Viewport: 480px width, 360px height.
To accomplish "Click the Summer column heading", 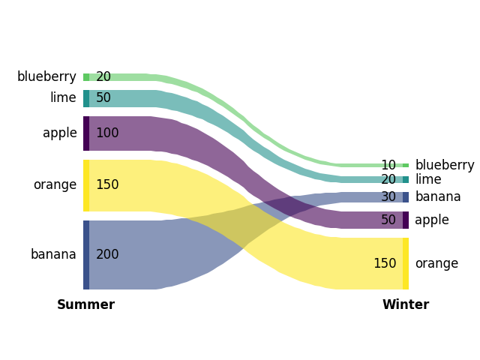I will (85, 305).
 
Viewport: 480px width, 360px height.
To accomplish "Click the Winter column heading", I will (405, 305).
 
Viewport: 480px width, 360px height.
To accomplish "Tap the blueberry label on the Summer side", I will (46, 77).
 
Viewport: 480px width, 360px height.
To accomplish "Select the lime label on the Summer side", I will (63, 98).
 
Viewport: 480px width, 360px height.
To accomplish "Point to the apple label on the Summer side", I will (59, 133).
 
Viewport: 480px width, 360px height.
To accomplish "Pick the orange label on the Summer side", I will (55, 185).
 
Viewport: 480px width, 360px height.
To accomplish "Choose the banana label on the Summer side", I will (53, 255).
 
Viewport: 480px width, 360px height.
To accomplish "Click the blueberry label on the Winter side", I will (445, 166).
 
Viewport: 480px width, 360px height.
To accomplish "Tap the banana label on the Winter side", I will (438, 197).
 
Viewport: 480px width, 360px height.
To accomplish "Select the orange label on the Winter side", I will (436, 264).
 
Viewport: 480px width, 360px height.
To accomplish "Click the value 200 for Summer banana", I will (107, 255).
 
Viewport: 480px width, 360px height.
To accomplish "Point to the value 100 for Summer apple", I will (107, 133).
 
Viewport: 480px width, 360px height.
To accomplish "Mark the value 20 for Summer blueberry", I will (103, 77).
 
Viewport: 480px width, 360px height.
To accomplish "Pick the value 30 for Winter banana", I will (388, 197).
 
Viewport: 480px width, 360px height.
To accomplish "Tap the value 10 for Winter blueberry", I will (388, 166).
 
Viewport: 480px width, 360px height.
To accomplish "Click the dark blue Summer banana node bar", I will (86, 255).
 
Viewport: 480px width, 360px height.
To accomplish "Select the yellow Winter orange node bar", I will (406, 264).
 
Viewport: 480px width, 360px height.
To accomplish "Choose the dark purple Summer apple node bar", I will (86, 133).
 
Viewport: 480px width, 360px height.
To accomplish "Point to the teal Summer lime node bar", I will (86, 98).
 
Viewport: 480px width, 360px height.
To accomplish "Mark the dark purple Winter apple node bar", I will (406, 220).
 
